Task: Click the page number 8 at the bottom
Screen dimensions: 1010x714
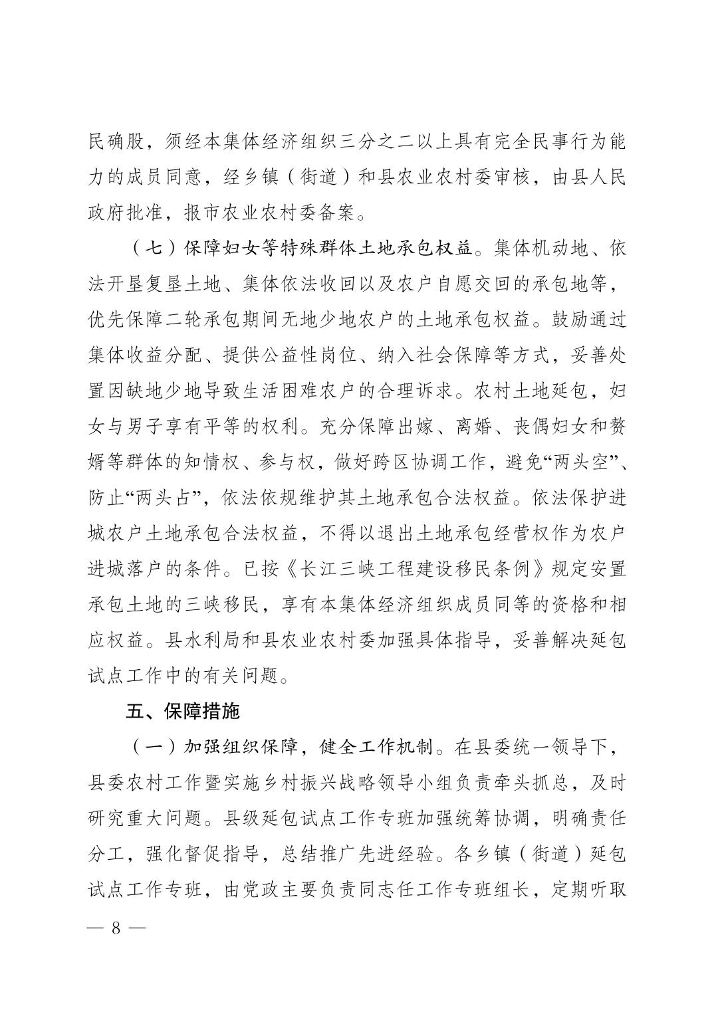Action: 115,928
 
